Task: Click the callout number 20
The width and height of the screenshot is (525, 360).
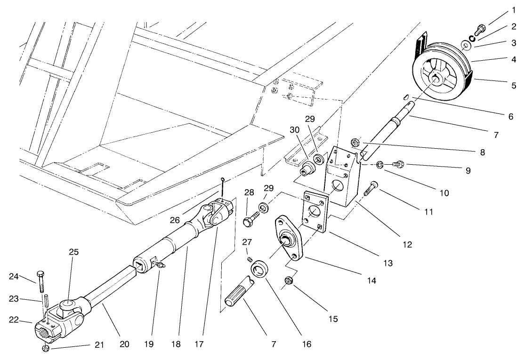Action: [124, 344]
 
